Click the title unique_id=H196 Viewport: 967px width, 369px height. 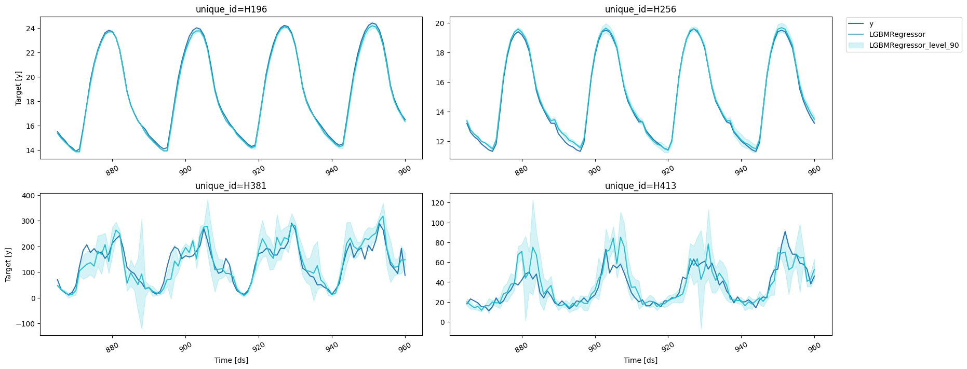tap(231, 9)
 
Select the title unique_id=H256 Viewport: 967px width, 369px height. tap(640, 9)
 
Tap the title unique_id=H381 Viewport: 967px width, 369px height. tap(231, 186)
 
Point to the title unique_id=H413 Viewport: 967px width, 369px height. tap(640, 186)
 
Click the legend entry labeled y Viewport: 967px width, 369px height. tap(871, 23)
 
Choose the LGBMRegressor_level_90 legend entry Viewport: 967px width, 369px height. tap(914, 45)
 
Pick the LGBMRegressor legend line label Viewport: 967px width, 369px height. tap(897, 34)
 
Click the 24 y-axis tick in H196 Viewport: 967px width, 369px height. tap(30, 29)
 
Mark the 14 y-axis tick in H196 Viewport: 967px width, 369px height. tap(30, 151)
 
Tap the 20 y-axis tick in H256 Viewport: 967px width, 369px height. tap(439, 23)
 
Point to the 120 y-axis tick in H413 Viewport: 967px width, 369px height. tap(438, 203)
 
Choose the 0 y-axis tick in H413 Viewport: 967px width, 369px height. tap(442, 322)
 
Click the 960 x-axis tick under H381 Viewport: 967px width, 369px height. tap(405, 346)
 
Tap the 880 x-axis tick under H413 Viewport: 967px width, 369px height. tap(521, 346)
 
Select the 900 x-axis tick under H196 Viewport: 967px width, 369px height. tap(185, 170)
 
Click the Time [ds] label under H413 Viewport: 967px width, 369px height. tap(640, 360)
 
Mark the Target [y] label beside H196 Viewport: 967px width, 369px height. tap(19, 89)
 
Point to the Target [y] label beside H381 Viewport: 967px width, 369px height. tap(8, 265)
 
